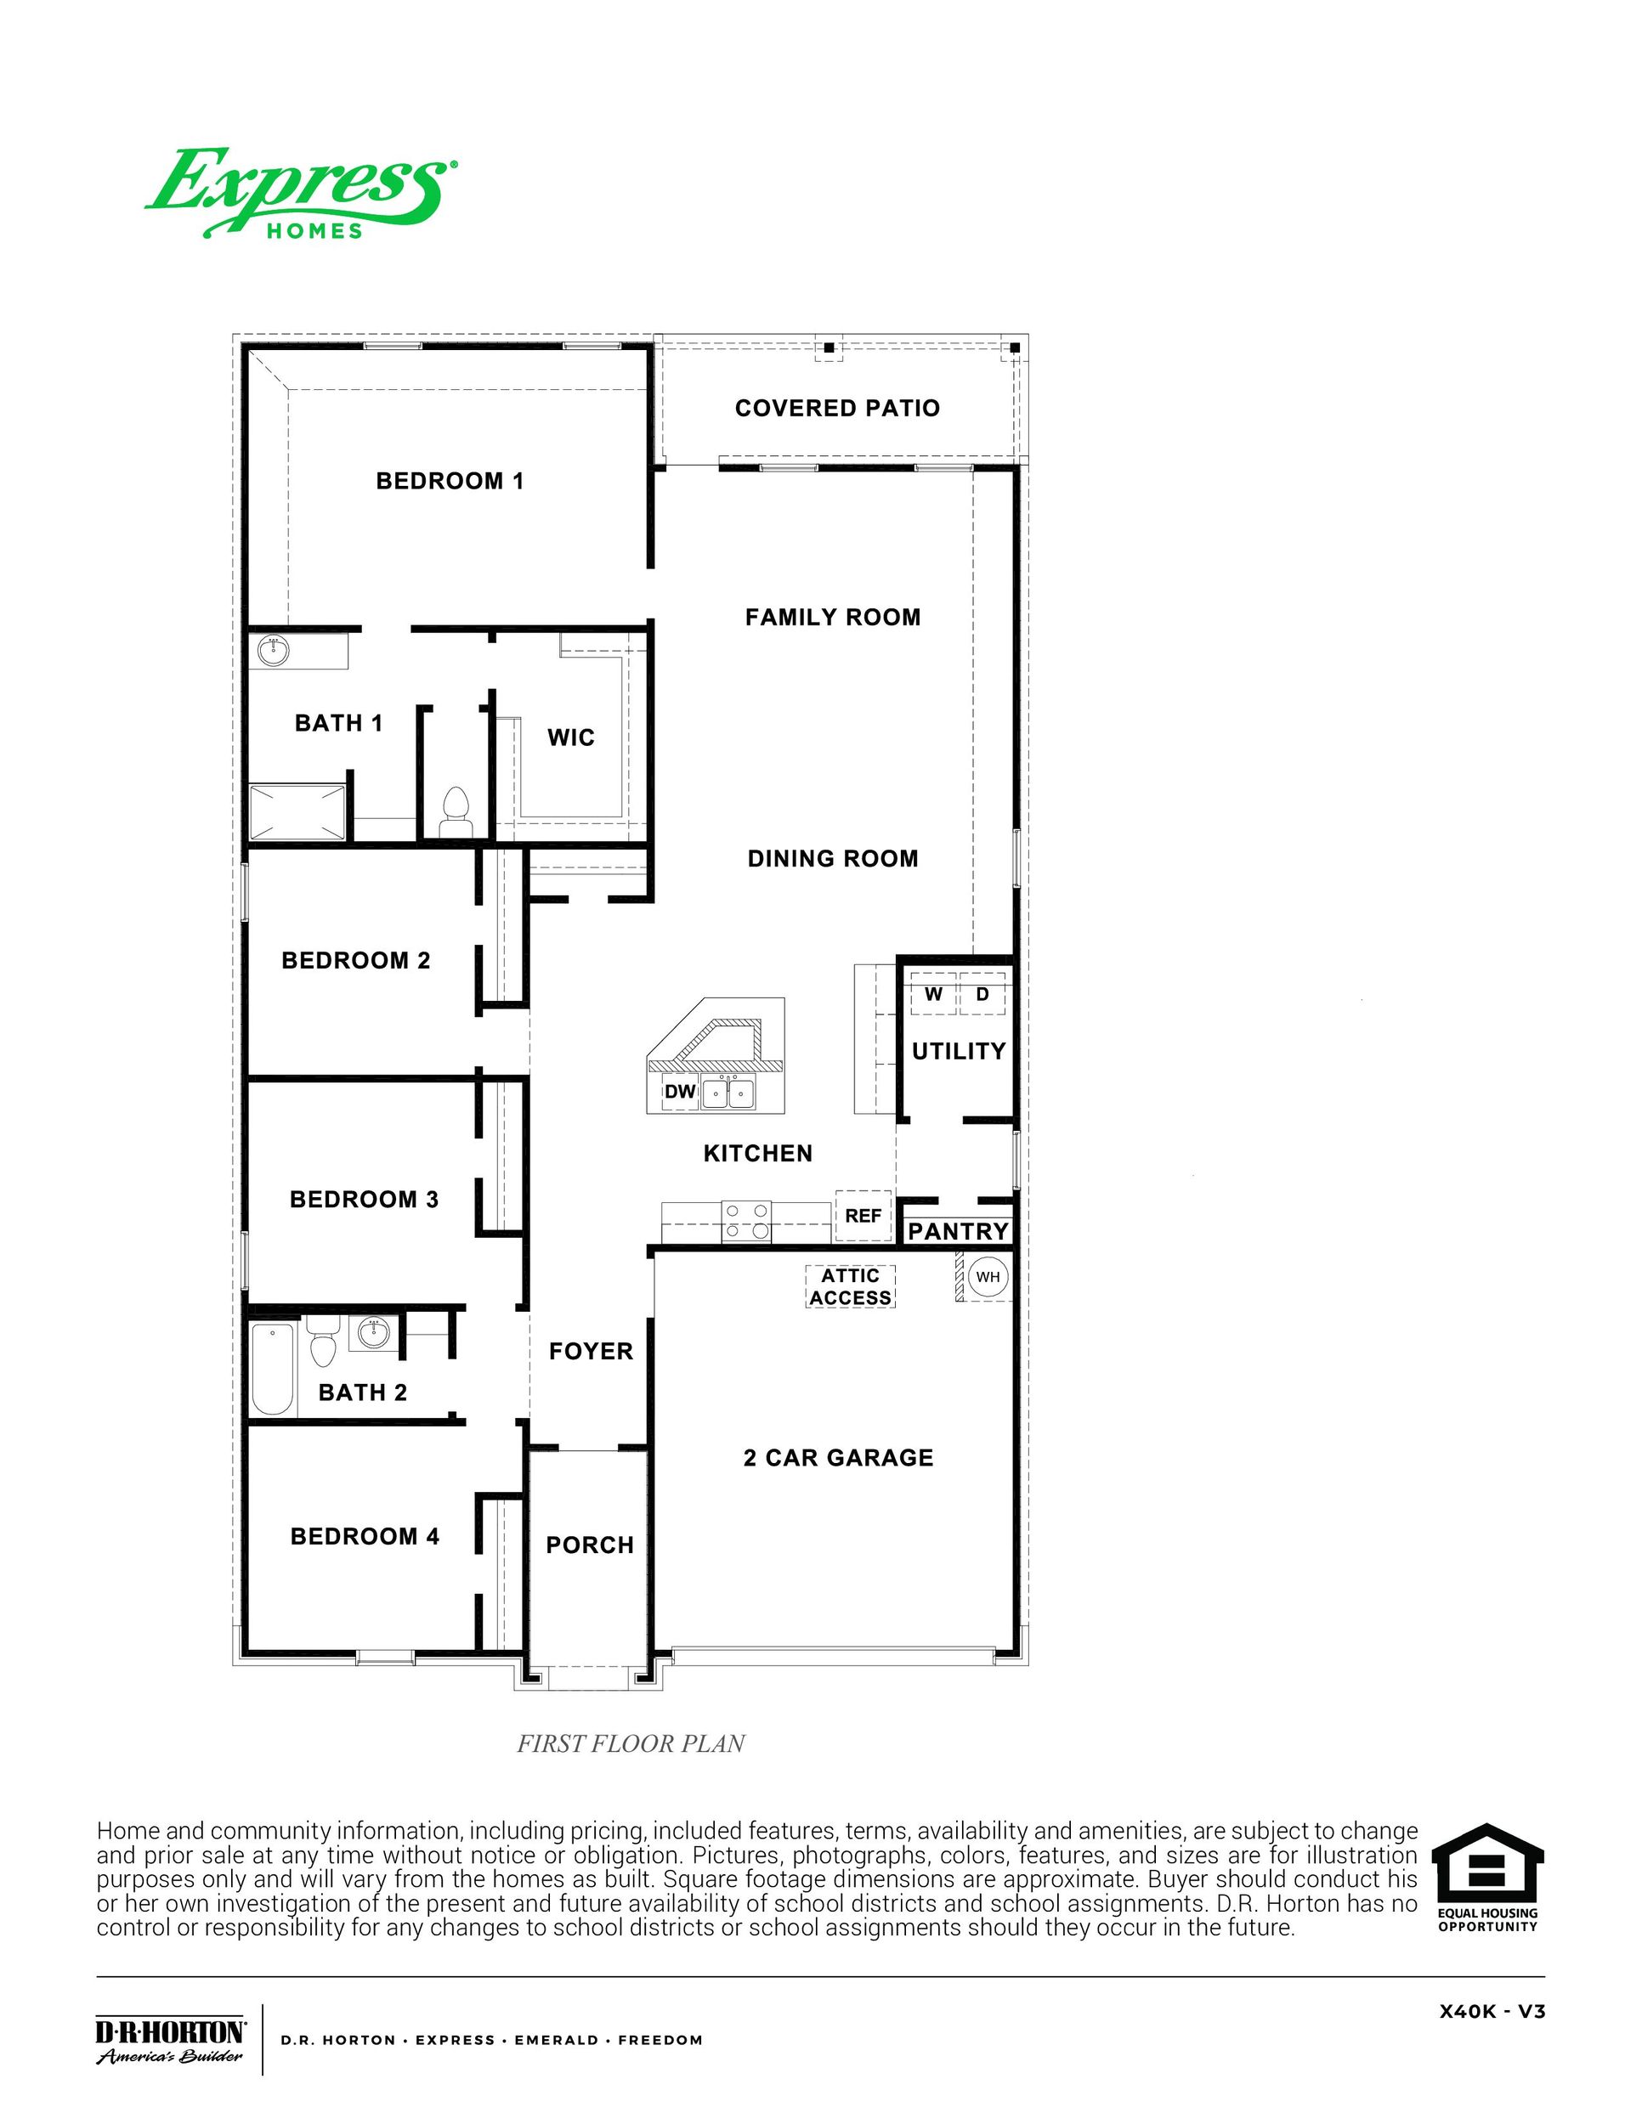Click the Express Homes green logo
point(300,193)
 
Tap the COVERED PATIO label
point(836,409)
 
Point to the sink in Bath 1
point(274,651)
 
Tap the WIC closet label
point(571,737)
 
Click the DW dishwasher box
point(680,1091)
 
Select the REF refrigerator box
point(863,1216)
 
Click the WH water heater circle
point(988,1277)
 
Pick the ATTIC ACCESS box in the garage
point(850,1286)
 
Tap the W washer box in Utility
point(934,994)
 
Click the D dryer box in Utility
point(982,994)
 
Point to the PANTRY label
point(958,1231)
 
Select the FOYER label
point(591,1351)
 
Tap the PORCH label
point(590,1545)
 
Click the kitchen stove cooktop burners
point(746,1222)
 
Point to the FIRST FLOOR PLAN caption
point(631,1743)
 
